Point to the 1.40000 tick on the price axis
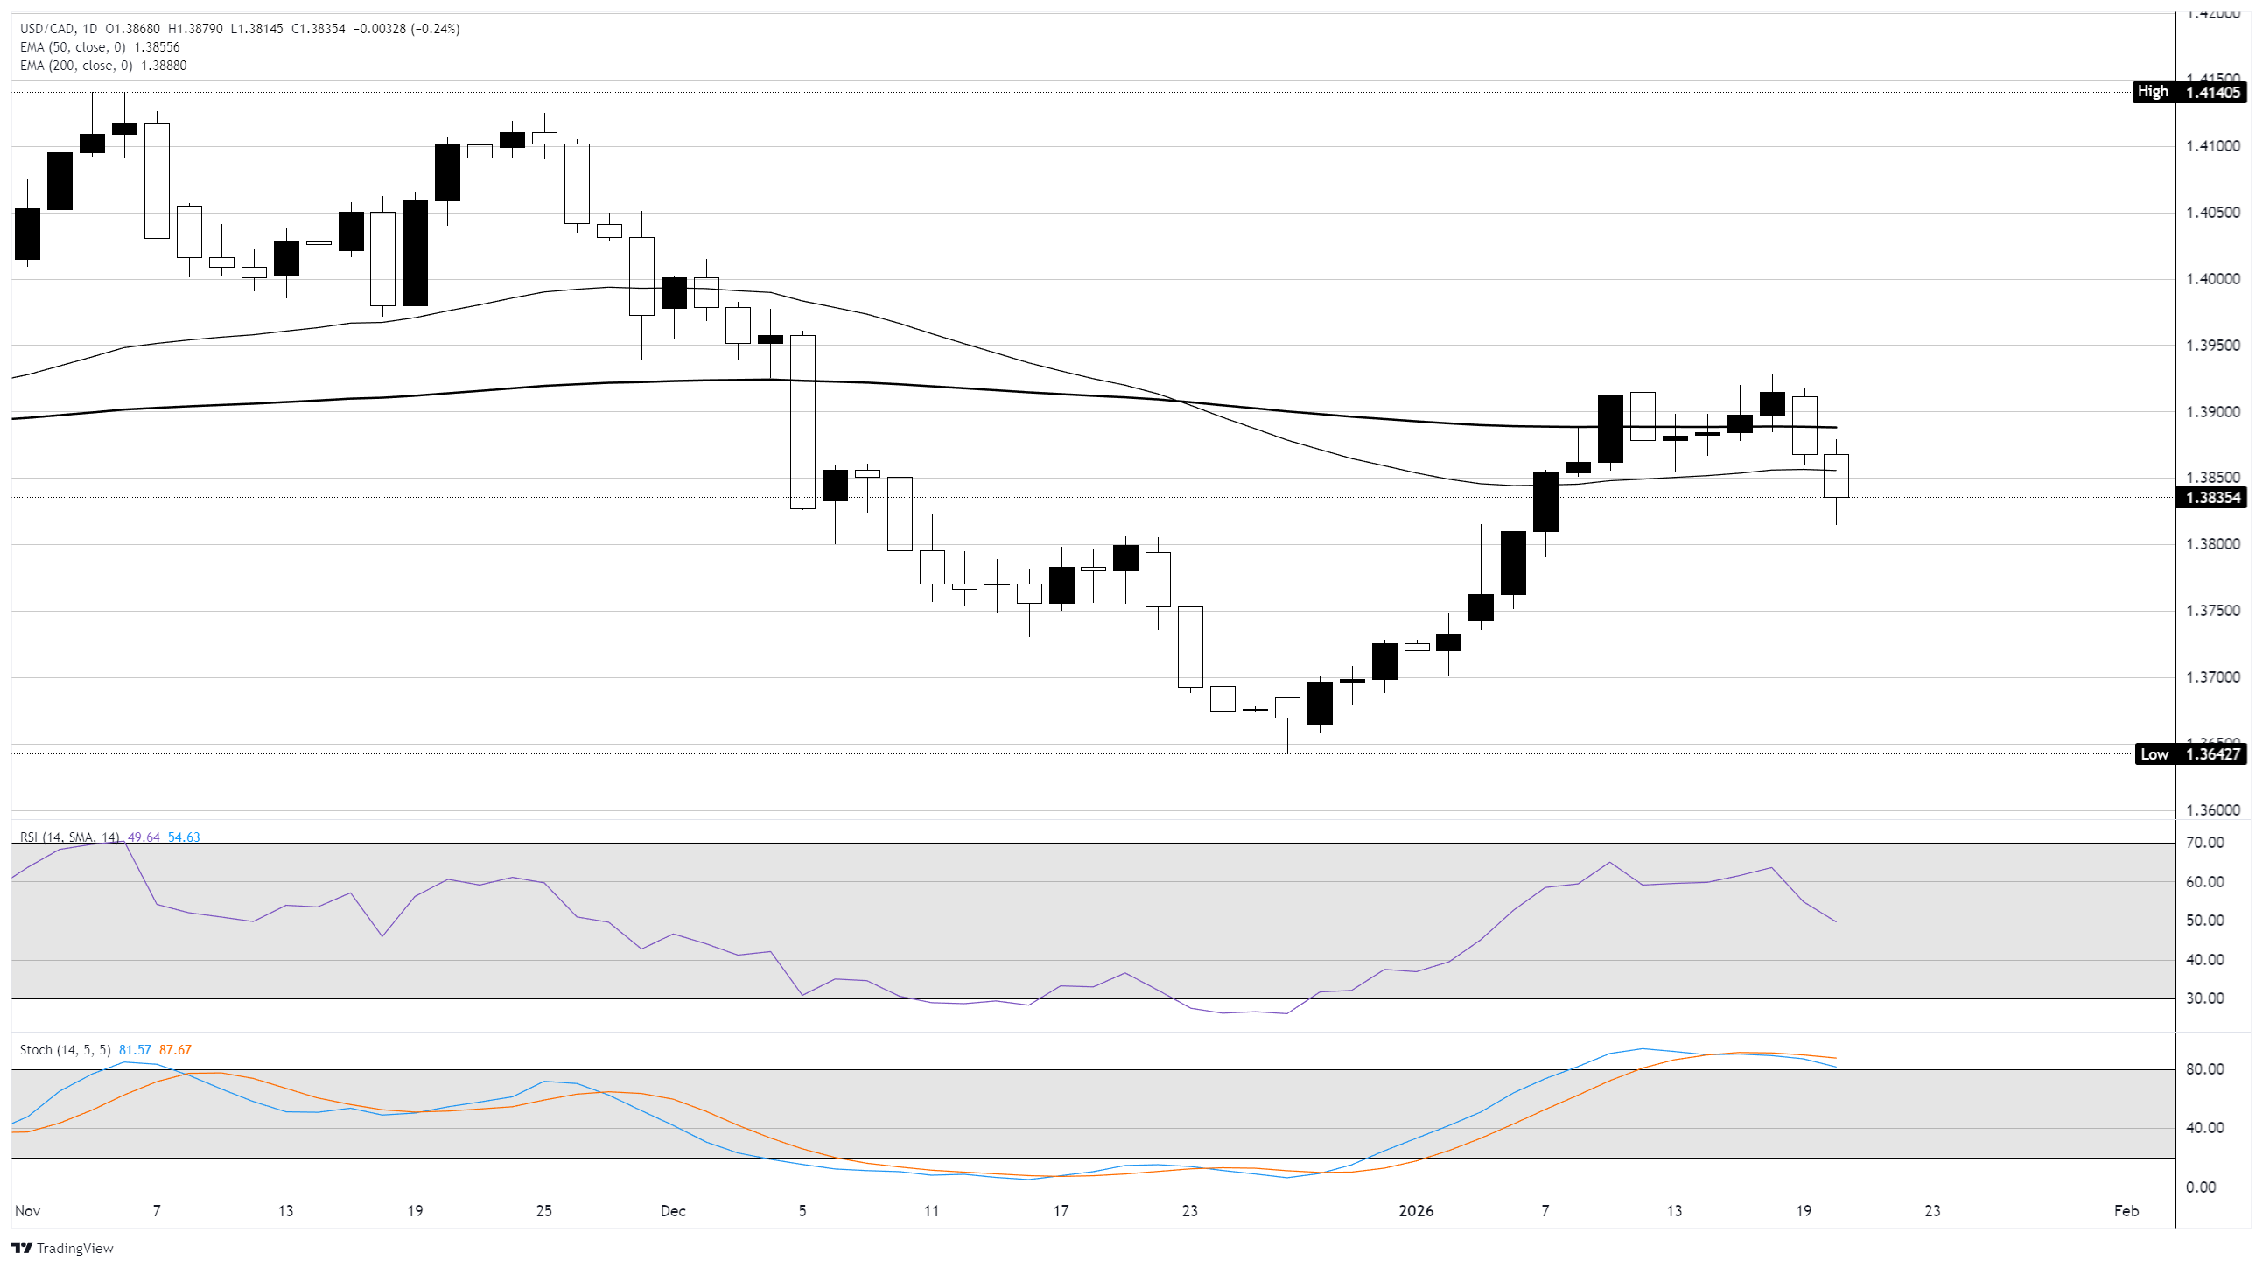[x=2212, y=279]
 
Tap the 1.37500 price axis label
[x=2212, y=611]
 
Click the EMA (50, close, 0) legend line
[x=100, y=47]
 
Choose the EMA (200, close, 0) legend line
[x=103, y=66]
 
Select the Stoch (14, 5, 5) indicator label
[x=65, y=1050]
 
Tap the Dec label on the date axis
[x=673, y=1211]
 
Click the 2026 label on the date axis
[x=1416, y=1211]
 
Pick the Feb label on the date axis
[x=2126, y=1211]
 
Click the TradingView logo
[x=63, y=1248]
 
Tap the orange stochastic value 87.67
[x=175, y=1050]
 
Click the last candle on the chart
[x=1836, y=476]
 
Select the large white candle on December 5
[x=803, y=422]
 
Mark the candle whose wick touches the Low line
[x=1288, y=708]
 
